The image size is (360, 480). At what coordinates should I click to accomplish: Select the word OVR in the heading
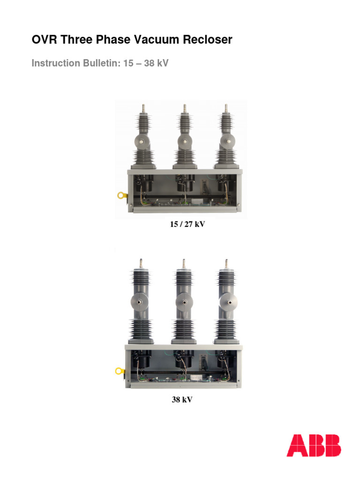42,40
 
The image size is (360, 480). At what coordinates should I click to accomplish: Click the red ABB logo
314,445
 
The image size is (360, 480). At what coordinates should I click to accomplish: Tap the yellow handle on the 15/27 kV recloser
120,195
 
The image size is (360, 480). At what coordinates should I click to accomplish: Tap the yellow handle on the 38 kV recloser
120,371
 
